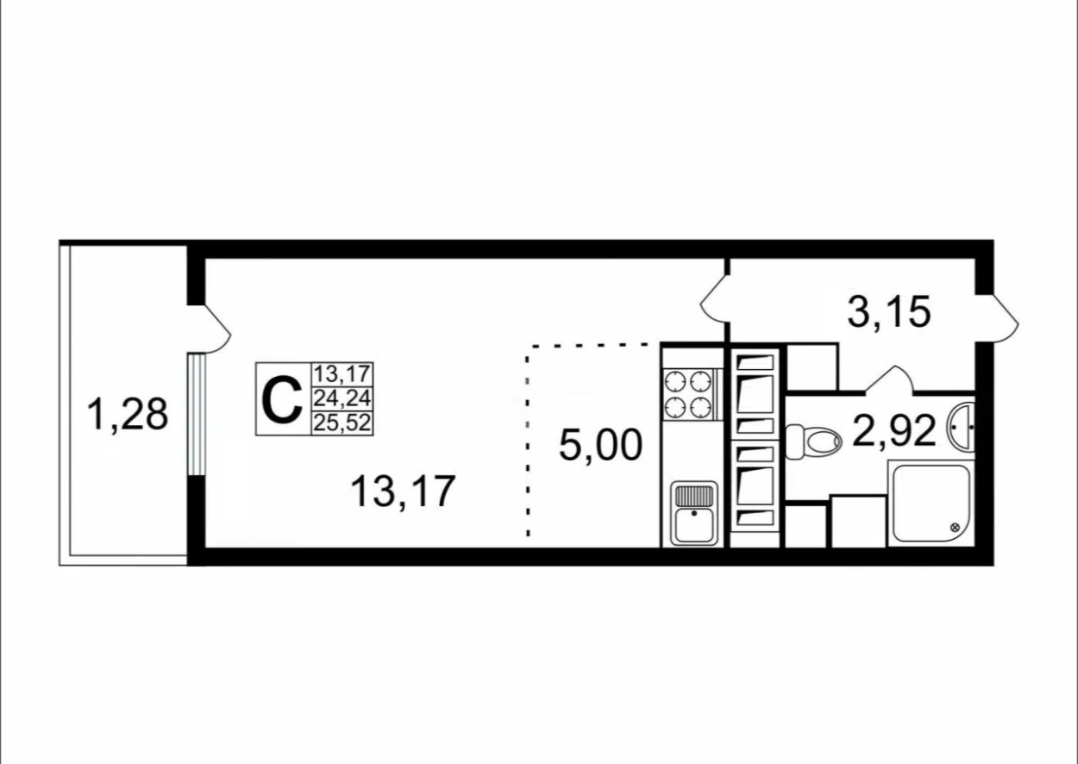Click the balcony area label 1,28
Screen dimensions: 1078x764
(x=127, y=414)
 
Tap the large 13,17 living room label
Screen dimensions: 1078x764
(x=402, y=492)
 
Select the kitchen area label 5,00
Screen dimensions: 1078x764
(x=600, y=446)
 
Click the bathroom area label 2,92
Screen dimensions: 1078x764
(x=894, y=430)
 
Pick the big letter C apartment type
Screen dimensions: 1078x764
(x=281, y=401)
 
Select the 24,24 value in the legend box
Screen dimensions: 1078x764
(x=342, y=399)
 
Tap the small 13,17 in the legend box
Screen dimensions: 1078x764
(x=342, y=375)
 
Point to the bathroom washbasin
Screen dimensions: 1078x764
(x=962, y=426)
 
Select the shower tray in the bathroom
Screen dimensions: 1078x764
(x=931, y=504)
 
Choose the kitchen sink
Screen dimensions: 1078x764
(x=694, y=515)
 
